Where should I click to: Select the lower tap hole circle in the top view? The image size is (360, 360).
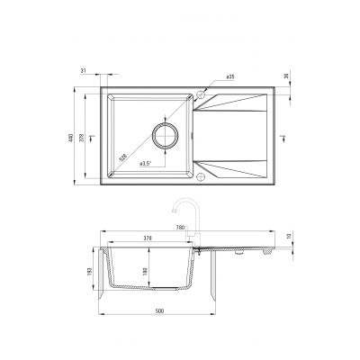(x=202, y=175)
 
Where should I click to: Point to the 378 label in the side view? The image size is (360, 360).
(x=148, y=238)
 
